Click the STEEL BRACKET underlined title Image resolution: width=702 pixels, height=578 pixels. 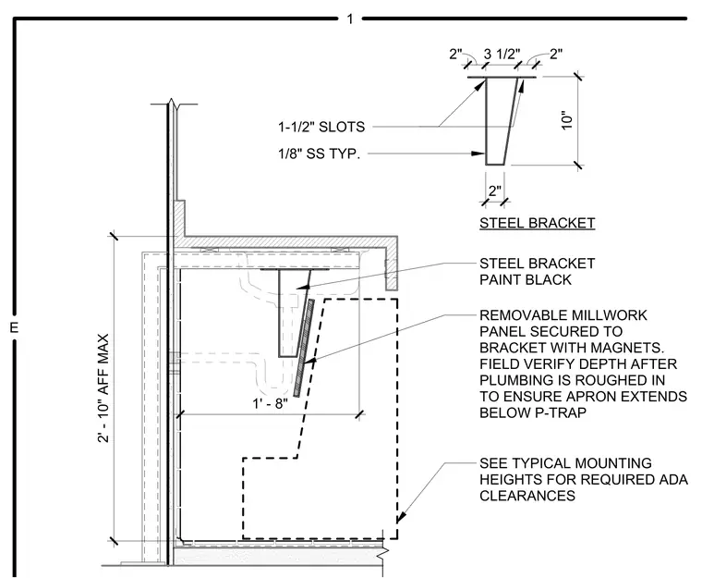[538, 223]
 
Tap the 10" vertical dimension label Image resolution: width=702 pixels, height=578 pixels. [567, 120]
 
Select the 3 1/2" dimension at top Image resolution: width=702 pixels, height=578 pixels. [502, 55]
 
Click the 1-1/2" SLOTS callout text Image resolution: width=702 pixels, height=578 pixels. [321, 127]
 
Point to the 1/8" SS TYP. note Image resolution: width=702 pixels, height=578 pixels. [320, 154]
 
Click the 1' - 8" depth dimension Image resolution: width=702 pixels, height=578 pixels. [270, 403]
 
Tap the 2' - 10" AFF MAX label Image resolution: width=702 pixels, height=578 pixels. [103, 388]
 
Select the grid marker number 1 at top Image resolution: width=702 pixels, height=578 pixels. [350, 18]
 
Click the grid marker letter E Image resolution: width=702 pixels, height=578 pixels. [14, 327]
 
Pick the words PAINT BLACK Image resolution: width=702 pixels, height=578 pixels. [526, 280]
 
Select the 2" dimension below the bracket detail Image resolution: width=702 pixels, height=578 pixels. [495, 191]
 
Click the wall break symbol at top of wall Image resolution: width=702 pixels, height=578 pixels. [174, 104]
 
